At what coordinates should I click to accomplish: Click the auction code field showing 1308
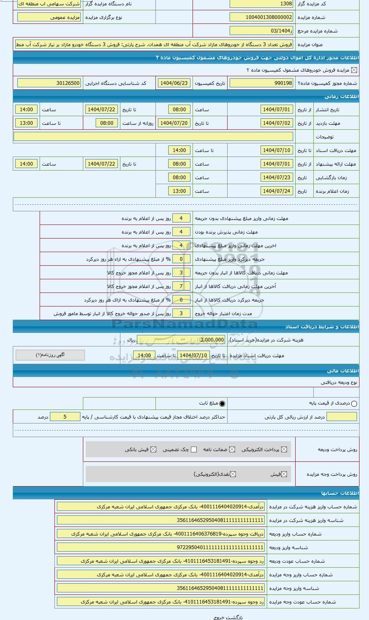(x=261, y=4)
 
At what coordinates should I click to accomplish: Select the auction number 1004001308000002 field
(x=261, y=17)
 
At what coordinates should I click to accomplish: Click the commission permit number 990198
(x=261, y=83)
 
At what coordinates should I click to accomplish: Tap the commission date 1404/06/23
(x=174, y=83)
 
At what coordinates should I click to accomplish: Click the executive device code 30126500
(x=49, y=83)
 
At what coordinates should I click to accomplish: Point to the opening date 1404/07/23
(x=277, y=178)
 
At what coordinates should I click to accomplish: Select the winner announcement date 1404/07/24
(x=277, y=191)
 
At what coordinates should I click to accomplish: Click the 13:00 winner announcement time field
(x=179, y=191)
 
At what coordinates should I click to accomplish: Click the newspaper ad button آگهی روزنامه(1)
(x=50, y=355)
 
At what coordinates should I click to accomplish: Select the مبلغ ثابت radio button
(x=223, y=404)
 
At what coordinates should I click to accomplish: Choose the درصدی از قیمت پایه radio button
(x=354, y=404)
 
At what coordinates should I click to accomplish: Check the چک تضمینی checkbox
(x=194, y=449)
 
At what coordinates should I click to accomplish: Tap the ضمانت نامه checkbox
(x=233, y=449)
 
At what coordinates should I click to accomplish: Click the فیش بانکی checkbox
(x=153, y=449)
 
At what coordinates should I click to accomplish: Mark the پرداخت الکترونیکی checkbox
(x=284, y=449)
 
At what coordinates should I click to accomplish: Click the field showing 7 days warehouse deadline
(x=181, y=286)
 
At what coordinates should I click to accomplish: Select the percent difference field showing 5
(x=65, y=417)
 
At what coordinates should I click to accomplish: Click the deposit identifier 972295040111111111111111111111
(x=161, y=547)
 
